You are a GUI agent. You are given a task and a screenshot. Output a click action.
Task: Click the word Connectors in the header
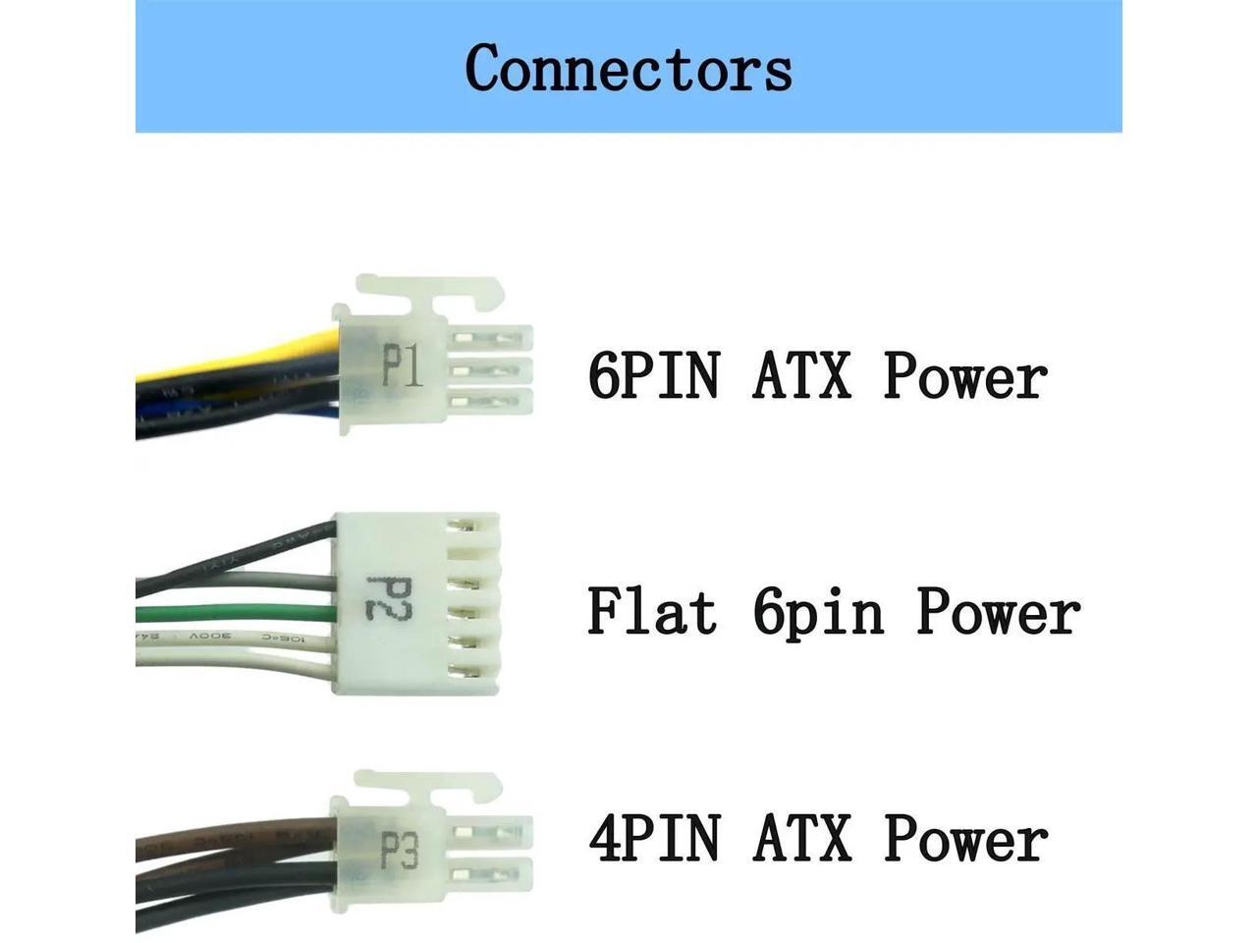628,68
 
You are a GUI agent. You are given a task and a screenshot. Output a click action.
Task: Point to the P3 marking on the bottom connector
400,850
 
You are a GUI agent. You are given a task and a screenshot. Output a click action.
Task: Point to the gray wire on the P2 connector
246,582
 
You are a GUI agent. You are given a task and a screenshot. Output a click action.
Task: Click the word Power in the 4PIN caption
965,839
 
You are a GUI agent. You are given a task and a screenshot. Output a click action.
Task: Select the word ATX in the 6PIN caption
801,375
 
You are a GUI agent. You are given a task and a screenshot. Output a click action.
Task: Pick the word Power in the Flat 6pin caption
998,610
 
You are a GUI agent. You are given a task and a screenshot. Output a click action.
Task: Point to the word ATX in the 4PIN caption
801,839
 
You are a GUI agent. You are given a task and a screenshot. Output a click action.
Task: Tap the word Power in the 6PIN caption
965,375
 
